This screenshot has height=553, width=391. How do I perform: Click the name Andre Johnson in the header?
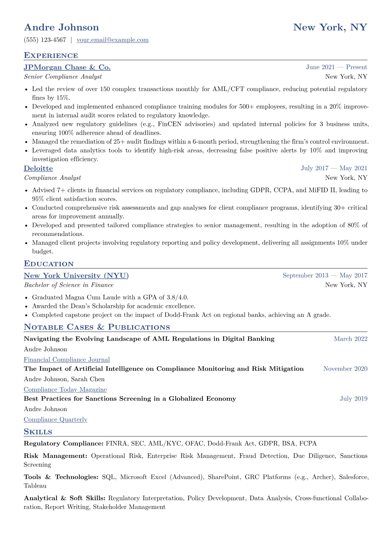click(61, 27)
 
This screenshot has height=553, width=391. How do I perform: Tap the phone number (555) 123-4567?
click(45, 40)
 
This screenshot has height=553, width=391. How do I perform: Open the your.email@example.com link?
click(112, 40)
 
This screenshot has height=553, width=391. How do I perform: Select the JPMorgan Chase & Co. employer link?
click(67, 67)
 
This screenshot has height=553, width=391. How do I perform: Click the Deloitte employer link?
click(38, 169)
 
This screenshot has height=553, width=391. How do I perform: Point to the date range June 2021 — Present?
click(336, 67)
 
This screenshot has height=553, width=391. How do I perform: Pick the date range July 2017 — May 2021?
click(334, 168)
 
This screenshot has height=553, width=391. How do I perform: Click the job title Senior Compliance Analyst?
click(63, 77)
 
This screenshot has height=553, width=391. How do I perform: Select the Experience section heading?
click(51, 56)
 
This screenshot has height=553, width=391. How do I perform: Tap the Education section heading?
click(49, 264)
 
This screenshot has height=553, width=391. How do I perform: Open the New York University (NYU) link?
click(76, 276)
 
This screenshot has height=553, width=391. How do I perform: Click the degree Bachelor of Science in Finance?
click(69, 285)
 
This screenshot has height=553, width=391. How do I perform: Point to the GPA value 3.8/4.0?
click(177, 297)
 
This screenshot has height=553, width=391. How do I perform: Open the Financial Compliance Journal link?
click(67, 360)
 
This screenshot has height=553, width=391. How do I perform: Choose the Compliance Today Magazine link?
click(65, 390)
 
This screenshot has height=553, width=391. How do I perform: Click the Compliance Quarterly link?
click(56, 420)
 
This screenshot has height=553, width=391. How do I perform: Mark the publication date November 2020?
click(345, 369)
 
